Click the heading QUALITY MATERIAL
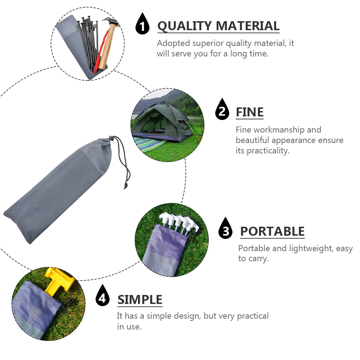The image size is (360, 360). click(x=218, y=26)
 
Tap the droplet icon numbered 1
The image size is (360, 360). click(x=143, y=24)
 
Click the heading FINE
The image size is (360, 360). click(x=249, y=112)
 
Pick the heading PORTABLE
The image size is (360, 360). click(x=272, y=231)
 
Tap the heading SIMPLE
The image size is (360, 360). click(x=140, y=300)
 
